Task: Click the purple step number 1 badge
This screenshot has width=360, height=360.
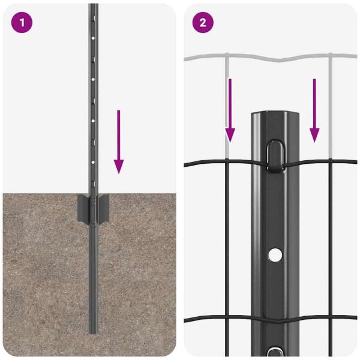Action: tap(22, 22)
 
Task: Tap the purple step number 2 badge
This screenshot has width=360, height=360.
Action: tap(203, 22)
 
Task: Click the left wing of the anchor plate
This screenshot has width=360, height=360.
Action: tap(82, 209)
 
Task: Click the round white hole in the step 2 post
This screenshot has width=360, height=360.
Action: tap(275, 254)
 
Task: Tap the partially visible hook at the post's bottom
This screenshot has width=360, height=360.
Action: tap(275, 352)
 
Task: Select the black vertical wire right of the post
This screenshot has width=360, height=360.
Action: tap(330, 240)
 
